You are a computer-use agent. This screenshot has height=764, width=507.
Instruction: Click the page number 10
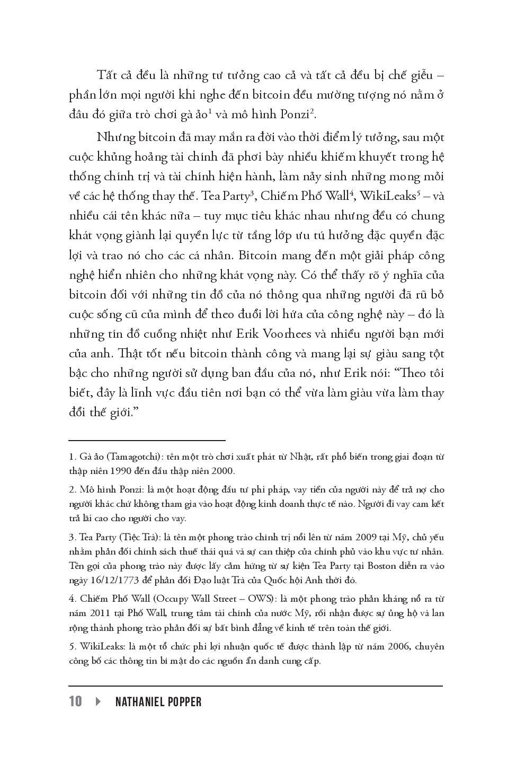pos(75,701)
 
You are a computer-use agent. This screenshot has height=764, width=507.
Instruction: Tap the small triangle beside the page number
pos(99,701)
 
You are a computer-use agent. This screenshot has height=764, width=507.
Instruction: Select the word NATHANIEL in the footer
pos(140,702)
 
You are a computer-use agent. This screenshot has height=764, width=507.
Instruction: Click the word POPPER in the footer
pos(185,702)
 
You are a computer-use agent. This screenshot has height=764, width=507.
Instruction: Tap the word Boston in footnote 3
pos(380,566)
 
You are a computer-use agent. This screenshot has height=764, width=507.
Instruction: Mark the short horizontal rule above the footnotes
pos(147,440)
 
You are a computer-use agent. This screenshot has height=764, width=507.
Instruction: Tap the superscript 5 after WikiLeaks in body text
pos(419,192)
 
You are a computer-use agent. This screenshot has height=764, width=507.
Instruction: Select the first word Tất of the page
pos(106,75)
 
